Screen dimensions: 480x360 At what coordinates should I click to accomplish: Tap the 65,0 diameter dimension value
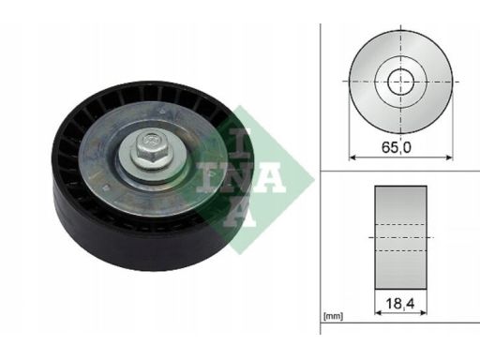[397, 147]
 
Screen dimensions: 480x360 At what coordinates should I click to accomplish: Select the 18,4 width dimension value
[400, 303]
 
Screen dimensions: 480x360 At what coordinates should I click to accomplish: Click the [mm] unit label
[334, 316]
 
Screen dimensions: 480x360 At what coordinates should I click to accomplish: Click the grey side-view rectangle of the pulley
[400, 237]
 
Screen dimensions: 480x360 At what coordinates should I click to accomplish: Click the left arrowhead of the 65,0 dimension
[352, 157]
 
